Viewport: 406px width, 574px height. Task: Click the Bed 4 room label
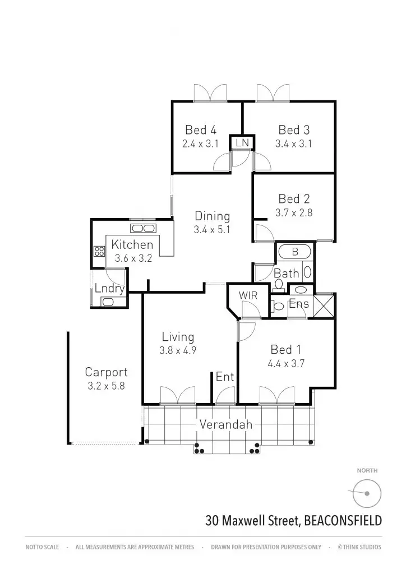point(200,131)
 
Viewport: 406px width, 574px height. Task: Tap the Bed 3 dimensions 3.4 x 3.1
point(293,143)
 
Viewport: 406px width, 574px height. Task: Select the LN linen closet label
point(242,143)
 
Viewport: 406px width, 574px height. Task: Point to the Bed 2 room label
point(294,199)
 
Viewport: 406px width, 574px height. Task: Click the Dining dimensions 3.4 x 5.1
point(212,229)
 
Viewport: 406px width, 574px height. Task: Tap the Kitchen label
point(132,245)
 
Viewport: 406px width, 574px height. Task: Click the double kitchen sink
point(144,228)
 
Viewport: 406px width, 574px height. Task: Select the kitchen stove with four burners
point(100,252)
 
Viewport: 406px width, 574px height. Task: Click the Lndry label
point(109,289)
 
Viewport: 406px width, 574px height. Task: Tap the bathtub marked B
point(295,252)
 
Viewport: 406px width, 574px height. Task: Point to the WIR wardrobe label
point(247,295)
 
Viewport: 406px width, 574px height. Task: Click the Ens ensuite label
point(298,304)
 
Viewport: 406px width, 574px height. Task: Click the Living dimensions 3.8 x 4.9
point(178,351)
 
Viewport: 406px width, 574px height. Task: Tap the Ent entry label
point(225,377)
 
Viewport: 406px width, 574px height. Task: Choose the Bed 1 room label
point(285,350)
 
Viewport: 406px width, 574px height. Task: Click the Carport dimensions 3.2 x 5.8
point(106,386)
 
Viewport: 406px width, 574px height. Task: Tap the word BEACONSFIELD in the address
point(343,521)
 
